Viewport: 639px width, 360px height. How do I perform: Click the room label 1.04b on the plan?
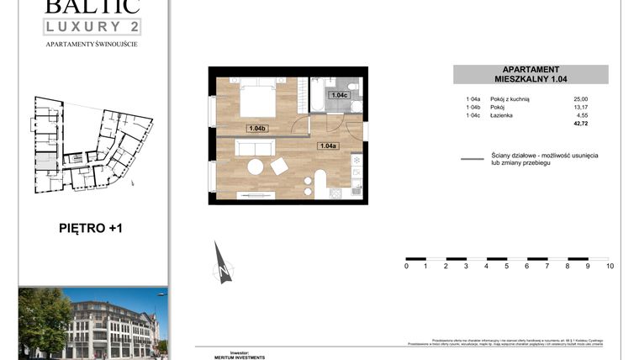coord(257,128)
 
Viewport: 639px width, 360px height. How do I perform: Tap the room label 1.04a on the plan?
coord(328,146)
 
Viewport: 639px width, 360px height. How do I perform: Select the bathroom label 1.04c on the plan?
coord(339,95)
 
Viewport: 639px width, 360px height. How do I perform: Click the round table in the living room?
coord(255,167)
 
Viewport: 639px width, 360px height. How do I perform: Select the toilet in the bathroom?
coord(354,87)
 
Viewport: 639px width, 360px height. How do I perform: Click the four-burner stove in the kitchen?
coord(335,193)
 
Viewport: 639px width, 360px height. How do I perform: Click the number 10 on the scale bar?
coord(610,267)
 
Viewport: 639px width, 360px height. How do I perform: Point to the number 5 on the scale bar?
coord(507,267)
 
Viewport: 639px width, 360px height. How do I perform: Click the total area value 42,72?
coord(580,124)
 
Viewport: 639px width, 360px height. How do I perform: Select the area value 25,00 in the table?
coord(580,99)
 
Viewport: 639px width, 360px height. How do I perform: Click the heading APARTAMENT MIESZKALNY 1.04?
coord(531,75)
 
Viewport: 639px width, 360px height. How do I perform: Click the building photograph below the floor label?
coord(92,322)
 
